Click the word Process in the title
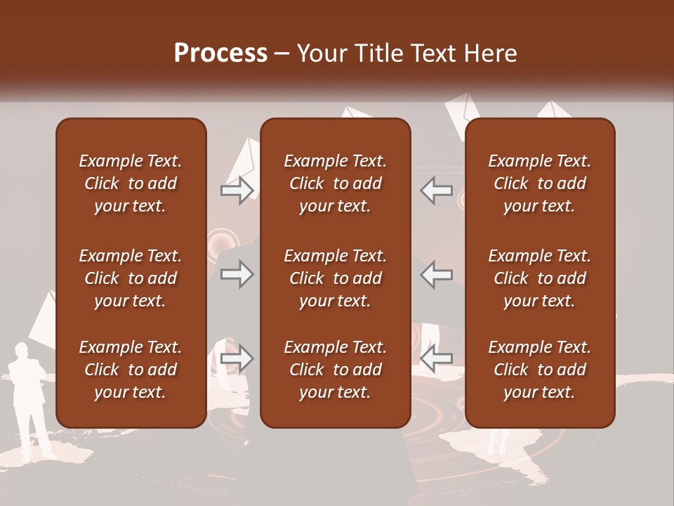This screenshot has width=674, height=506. click(x=220, y=53)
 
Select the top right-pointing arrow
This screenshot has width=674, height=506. click(x=237, y=190)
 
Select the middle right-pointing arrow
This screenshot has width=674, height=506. click(x=237, y=275)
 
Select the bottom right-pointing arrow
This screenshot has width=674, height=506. click(x=237, y=359)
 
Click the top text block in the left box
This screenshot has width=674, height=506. click(x=131, y=183)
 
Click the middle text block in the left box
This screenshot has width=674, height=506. click(x=131, y=278)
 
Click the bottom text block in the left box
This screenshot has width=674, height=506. click(x=131, y=370)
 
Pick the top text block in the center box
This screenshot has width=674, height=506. click(x=335, y=183)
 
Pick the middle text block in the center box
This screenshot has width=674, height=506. click(x=335, y=278)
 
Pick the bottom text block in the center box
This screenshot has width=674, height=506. click(x=335, y=370)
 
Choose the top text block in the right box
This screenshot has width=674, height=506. click(x=539, y=183)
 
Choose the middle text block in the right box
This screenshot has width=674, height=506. click(x=539, y=278)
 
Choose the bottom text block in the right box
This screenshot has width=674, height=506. click(x=539, y=370)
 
